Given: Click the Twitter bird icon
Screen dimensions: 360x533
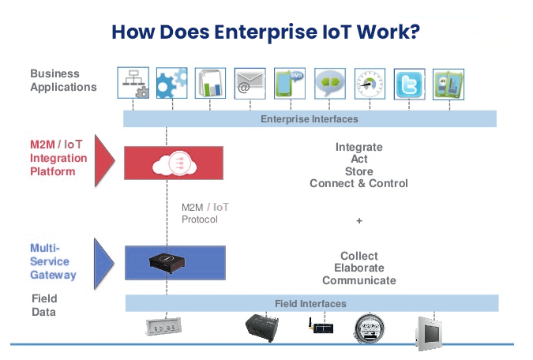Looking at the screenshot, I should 409,83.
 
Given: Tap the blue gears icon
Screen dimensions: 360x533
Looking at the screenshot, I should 171,83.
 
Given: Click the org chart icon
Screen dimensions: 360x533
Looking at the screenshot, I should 133,83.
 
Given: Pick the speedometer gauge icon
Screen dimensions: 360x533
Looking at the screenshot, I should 370,83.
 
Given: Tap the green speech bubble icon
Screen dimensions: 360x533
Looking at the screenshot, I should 330,83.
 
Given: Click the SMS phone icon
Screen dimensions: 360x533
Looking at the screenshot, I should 290,83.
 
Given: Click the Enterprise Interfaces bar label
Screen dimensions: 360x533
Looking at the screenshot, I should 310,119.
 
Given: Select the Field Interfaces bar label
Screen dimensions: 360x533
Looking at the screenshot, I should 310,304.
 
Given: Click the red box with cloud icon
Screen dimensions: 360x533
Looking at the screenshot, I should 174,162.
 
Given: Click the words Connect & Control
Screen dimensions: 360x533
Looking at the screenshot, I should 358,183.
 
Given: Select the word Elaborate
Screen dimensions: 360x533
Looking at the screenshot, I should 359,268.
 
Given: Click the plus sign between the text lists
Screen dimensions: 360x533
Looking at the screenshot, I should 359,220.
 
